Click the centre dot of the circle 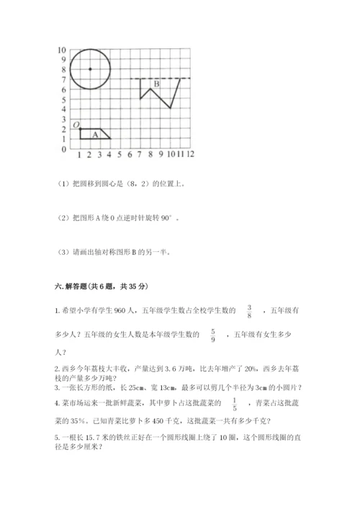point(90,69)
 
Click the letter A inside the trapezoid point(95,134)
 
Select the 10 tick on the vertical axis point(62,50)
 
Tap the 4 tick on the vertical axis point(63,109)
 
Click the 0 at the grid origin point(63,149)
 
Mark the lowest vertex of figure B point(170,108)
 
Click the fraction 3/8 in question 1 point(250,310)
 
